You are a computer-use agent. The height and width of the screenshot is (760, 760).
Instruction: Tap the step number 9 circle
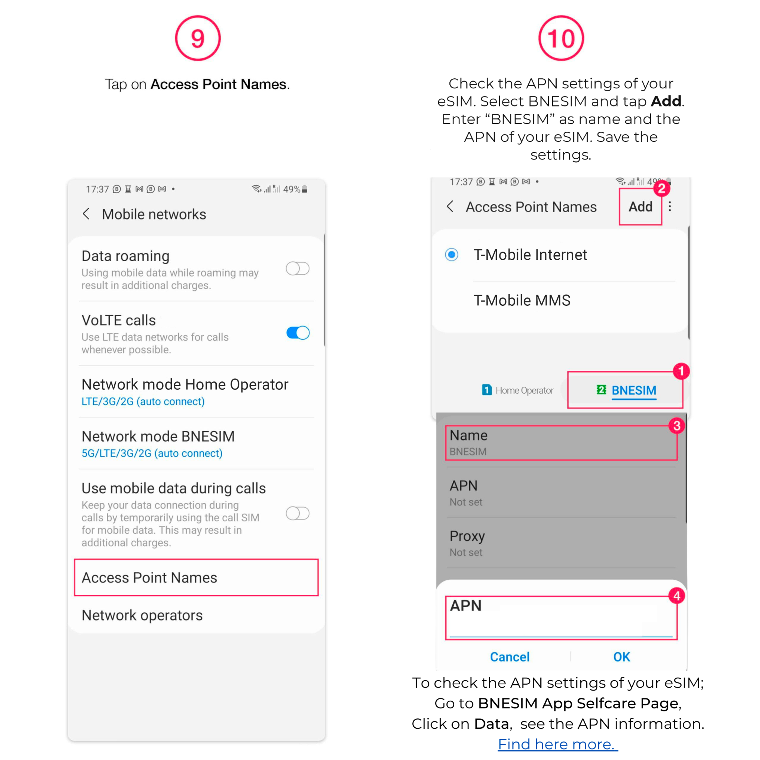point(197,38)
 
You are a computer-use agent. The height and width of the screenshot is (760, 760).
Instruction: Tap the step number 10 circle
point(561,38)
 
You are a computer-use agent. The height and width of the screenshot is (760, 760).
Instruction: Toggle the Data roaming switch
point(297,269)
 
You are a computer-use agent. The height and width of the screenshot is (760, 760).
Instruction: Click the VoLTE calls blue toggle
point(297,333)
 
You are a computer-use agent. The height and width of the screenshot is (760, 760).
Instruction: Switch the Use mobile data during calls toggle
point(297,513)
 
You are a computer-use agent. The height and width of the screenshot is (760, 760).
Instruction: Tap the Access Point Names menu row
point(196,577)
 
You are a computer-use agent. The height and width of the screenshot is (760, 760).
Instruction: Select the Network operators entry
point(142,615)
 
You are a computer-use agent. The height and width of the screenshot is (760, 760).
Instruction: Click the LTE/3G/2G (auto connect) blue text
point(143,401)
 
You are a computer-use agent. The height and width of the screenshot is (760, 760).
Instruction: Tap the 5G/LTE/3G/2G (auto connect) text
point(152,453)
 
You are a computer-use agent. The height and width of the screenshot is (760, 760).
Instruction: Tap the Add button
point(640,207)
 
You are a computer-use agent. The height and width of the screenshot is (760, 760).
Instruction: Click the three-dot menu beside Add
point(669,207)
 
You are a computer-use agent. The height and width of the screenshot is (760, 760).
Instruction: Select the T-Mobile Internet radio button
point(452,255)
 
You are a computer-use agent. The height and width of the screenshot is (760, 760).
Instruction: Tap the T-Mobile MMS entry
point(522,300)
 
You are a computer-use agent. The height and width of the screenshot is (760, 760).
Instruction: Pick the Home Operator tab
point(517,390)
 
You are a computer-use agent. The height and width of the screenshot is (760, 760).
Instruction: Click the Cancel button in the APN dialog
point(510,656)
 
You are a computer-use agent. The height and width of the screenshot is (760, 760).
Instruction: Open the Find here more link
point(557,744)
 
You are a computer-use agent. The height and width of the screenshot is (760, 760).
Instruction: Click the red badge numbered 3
point(677,426)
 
